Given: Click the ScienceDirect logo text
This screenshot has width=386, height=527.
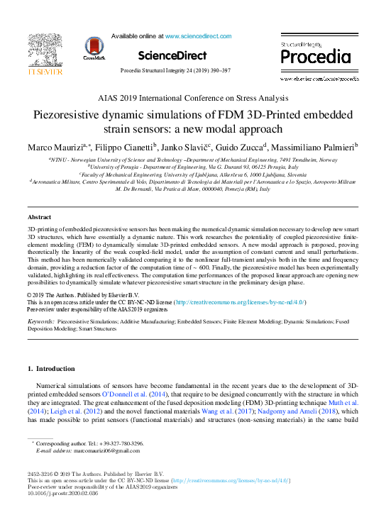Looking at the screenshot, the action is point(172,55).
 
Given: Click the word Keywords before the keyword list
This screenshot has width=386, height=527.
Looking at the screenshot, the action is point(40,321).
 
